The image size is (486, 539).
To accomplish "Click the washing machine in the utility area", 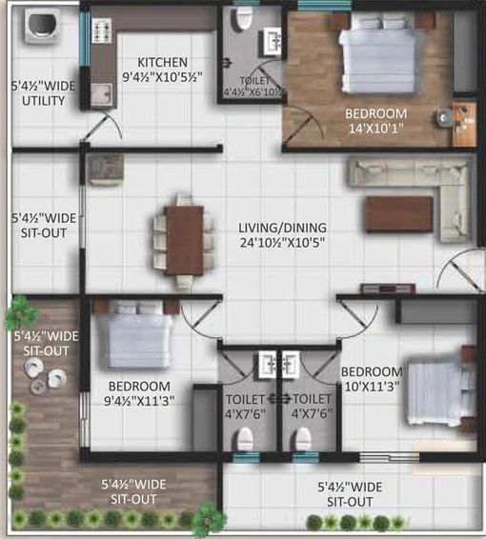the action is [42, 26].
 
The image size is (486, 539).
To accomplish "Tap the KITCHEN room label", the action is [162, 63].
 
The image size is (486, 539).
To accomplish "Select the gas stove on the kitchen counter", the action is [102, 30].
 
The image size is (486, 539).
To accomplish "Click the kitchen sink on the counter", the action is [101, 95].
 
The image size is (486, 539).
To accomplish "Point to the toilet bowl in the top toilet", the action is [244, 20].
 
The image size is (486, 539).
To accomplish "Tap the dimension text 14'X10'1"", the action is [376, 129].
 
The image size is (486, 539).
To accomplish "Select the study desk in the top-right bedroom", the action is [464, 124].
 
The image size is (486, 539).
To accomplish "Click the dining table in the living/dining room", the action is [184, 240].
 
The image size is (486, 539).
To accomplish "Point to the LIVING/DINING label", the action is [282, 228].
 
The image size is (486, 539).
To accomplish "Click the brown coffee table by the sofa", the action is [398, 214].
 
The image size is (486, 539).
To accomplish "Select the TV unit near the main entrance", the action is [388, 289].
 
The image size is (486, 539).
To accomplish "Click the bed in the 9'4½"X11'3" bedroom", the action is [134, 335].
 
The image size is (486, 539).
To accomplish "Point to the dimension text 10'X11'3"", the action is [372, 387].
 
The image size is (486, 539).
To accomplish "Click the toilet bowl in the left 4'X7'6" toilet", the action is [245, 438].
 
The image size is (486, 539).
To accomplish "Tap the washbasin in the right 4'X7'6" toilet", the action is [291, 365].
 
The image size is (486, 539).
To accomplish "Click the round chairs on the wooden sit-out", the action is [45, 375].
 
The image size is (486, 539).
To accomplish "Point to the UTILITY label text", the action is [43, 101].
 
